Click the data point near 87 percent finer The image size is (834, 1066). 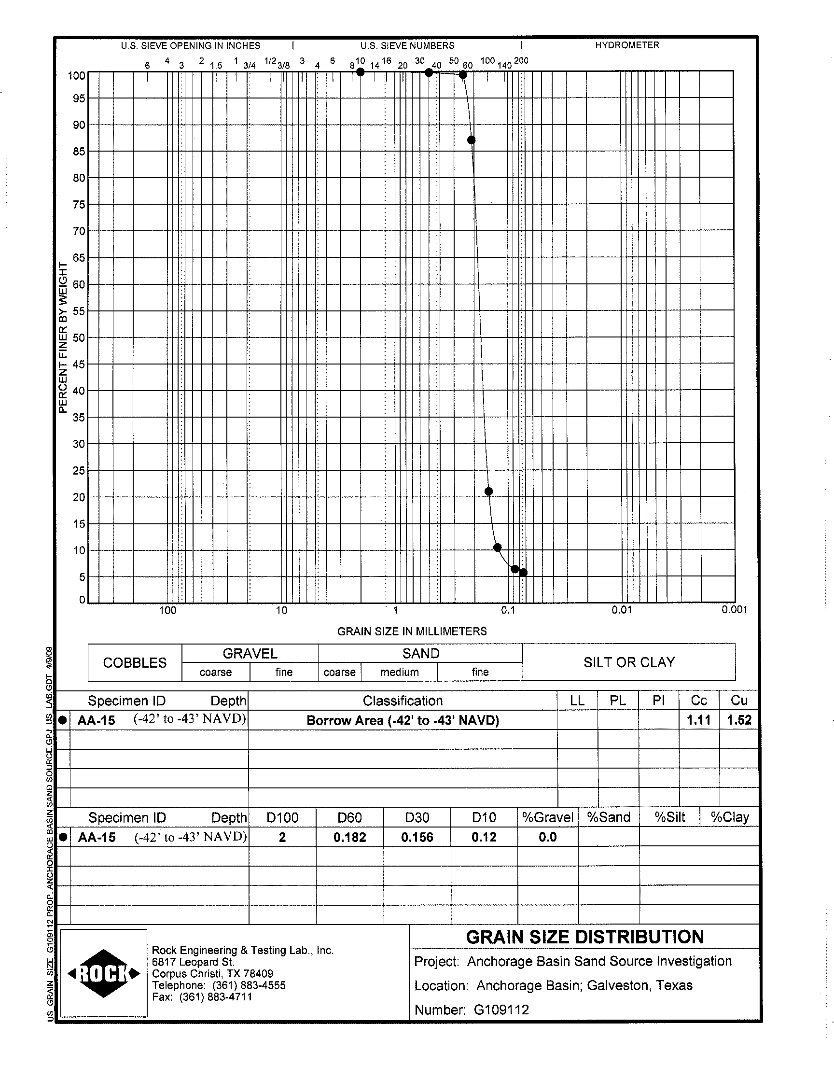471,140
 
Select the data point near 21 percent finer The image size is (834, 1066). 488,491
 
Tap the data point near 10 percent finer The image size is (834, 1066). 498,547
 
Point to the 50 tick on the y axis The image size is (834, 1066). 79,338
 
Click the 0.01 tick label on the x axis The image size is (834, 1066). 621,610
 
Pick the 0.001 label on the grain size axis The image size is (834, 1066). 735,609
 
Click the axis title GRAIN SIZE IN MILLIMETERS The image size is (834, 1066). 412,631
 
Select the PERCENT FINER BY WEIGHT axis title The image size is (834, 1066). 62,337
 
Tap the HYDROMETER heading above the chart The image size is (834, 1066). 627,45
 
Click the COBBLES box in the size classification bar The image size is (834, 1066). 135,663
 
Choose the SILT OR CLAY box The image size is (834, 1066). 629,662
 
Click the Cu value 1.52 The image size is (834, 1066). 739,720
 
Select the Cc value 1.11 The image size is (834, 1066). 699,720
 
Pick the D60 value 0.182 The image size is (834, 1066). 349,838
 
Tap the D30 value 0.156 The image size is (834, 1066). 417,838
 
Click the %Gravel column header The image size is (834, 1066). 547,817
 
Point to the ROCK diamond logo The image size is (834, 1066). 103,974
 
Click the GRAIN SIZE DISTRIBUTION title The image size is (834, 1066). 584,937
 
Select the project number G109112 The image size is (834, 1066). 501,1010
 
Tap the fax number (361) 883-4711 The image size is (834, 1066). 215,997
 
